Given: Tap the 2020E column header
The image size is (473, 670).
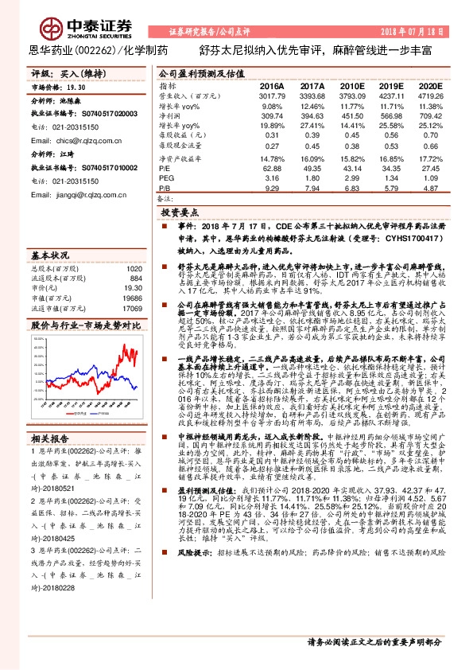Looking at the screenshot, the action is pyautogui.click(x=429, y=85).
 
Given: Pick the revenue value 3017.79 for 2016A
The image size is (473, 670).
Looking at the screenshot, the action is pyautogui.click(x=272, y=95).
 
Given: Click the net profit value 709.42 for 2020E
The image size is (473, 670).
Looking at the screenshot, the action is pyautogui.click(x=429, y=115).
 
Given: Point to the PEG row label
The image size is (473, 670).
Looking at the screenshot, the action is pyautogui.click(x=165, y=179).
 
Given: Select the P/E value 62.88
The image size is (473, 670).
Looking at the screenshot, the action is pyautogui.click(x=272, y=169).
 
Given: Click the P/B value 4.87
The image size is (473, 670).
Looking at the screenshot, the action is pyautogui.click(x=429, y=189).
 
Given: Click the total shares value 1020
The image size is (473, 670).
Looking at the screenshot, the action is pyautogui.click(x=134, y=268).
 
